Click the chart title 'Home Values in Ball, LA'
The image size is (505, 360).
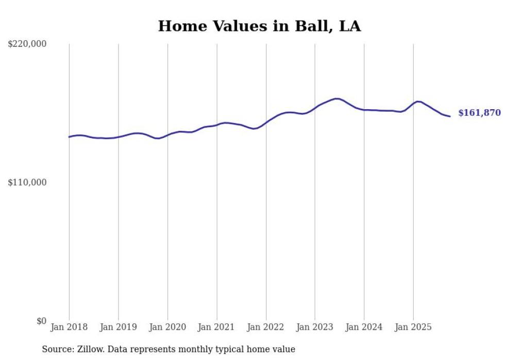click(x=259, y=26)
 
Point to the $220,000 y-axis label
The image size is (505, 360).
click(x=27, y=44)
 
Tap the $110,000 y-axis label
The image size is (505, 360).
click(x=27, y=182)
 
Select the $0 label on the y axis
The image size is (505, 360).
click(x=41, y=321)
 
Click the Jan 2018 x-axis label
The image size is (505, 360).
click(x=69, y=327)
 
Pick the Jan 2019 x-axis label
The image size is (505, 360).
click(x=119, y=327)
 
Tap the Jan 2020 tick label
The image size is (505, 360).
click(x=167, y=327)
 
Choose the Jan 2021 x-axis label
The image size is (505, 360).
click(x=217, y=327)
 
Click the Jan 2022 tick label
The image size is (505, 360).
click(x=266, y=327)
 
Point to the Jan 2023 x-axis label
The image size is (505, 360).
click(x=315, y=327)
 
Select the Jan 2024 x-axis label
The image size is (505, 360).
click(x=364, y=327)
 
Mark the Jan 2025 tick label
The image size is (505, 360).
click(x=413, y=327)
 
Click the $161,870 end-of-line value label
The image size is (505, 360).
click(x=479, y=113)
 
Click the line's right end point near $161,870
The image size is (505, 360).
click(x=450, y=116)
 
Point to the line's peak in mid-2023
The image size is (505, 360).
click(x=336, y=98)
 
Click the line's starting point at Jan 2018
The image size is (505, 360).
click(x=69, y=137)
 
